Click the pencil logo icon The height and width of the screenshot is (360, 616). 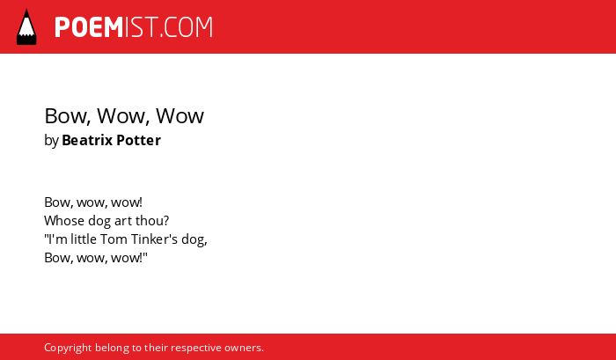26,27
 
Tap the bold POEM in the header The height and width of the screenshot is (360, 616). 89,27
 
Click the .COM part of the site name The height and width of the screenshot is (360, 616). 186,27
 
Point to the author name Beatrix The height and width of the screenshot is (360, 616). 87,140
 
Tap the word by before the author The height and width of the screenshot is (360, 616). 51,141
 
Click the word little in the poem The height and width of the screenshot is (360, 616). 84,239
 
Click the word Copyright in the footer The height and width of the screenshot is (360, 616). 68,349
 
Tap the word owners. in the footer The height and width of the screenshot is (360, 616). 244,349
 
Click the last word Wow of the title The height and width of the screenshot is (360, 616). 180,117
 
